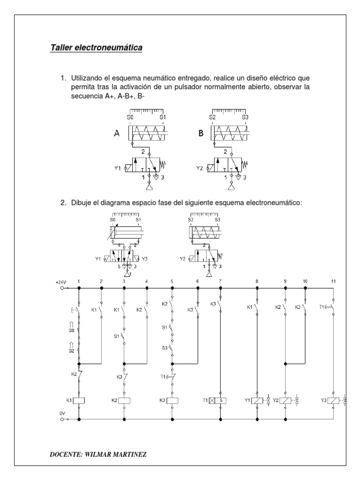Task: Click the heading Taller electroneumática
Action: coord(96,48)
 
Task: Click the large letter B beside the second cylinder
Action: coord(201,133)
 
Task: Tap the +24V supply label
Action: coord(61,282)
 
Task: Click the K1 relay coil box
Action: coord(79,400)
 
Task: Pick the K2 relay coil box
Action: coord(124,400)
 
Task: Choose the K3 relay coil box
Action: coord(172,400)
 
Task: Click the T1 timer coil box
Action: coord(220,400)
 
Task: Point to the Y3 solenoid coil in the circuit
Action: coord(333,400)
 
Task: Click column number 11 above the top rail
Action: coord(333,281)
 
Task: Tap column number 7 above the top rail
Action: coord(220,281)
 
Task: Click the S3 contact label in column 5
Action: coord(165,347)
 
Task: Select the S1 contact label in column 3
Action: coord(117,336)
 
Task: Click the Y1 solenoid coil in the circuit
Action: coord(257,400)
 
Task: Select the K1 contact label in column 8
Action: coord(250,307)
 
